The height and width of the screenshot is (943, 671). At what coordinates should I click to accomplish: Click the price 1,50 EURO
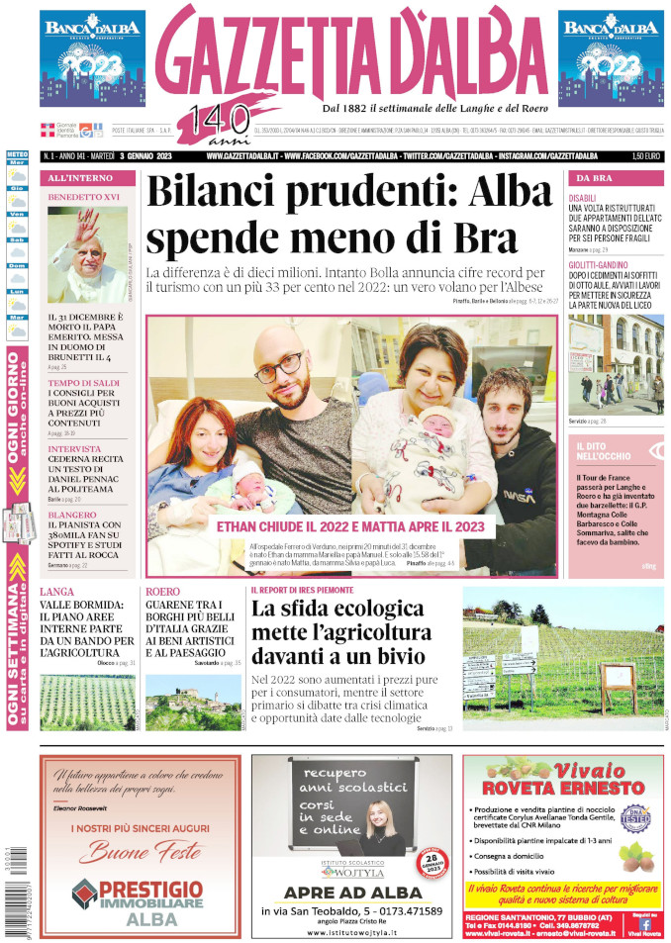pos(644,156)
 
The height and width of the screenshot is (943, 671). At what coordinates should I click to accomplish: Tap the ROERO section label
pos(162,592)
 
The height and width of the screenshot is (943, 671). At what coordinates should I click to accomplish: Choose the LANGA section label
pos(57,592)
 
